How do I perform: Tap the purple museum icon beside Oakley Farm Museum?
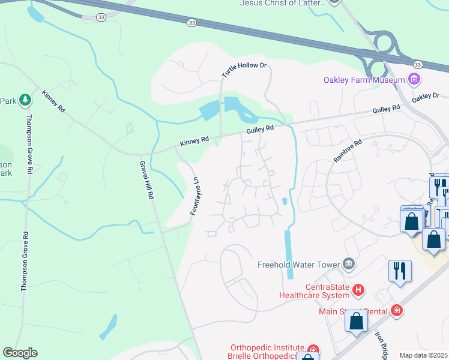(413, 79)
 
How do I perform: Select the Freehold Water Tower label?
(298, 264)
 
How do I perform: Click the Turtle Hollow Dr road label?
(243, 70)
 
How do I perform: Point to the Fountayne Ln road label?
(194, 196)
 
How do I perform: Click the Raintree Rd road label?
(348, 151)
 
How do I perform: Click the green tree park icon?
(25, 100)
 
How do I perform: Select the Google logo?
(20, 353)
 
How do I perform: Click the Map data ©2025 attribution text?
(423, 355)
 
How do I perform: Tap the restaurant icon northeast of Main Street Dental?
(399, 271)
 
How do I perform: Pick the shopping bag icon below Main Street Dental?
(357, 321)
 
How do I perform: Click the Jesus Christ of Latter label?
(283, 3)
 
